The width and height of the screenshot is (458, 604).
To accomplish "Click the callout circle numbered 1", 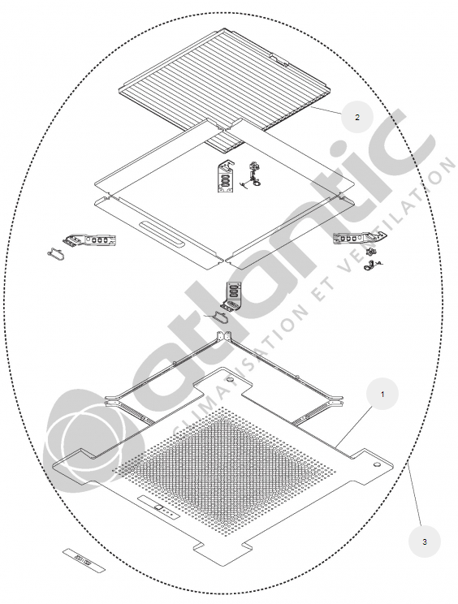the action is pos(382,394).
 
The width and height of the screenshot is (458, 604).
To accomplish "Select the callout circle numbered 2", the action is pos(357,117).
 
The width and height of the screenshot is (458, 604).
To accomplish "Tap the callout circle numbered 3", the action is pos(424,541).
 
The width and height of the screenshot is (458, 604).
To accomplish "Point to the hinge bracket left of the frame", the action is pos(90,239).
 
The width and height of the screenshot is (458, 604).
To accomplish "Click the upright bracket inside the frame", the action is pos(226,176).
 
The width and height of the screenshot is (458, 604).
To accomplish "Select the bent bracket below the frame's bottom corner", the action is pos(234,295).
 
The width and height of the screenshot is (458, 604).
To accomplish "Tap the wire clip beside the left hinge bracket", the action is pos(56,254).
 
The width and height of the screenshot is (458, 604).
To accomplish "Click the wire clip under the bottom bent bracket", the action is pos(218,317).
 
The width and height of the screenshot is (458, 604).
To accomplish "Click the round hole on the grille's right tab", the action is pos(377,464).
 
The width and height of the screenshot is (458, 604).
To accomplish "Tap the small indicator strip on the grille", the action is pos(158,507).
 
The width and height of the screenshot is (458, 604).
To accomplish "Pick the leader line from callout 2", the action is pos(326,110).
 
